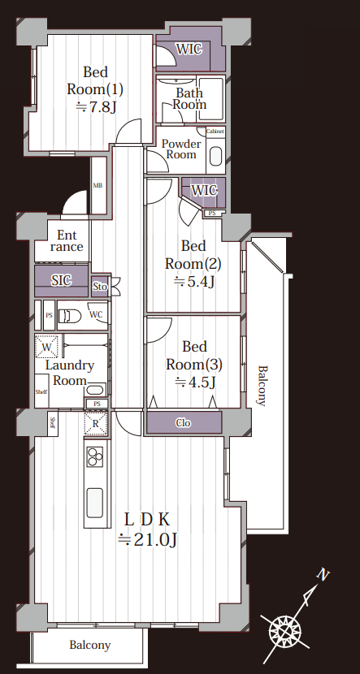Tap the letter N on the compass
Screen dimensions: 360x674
tap(323, 574)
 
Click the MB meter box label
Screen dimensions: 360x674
tap(98, 186)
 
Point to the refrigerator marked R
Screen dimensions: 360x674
tap(96, 422)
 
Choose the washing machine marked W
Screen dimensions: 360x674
tap(46, 346)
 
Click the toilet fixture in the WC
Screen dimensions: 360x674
tap(70, 316)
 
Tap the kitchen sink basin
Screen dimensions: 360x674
tap(95, 503)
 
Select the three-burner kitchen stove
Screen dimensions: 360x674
tap(95, 456)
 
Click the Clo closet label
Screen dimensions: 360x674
tap(184, 423)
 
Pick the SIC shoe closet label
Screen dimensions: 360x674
tap(62, 281)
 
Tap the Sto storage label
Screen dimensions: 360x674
tap(100, 286)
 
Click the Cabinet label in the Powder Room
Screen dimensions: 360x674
tap(215, 132)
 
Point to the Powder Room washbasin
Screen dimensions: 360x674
tap(215, 157)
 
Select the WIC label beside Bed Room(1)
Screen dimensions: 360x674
tap(189, 49)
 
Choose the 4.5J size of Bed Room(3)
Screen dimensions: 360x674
tap(195, 382)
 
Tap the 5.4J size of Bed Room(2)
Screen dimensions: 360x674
tap(194, 282)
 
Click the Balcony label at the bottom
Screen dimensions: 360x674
tap(90, 646)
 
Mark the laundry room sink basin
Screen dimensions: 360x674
tap(94, 391)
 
